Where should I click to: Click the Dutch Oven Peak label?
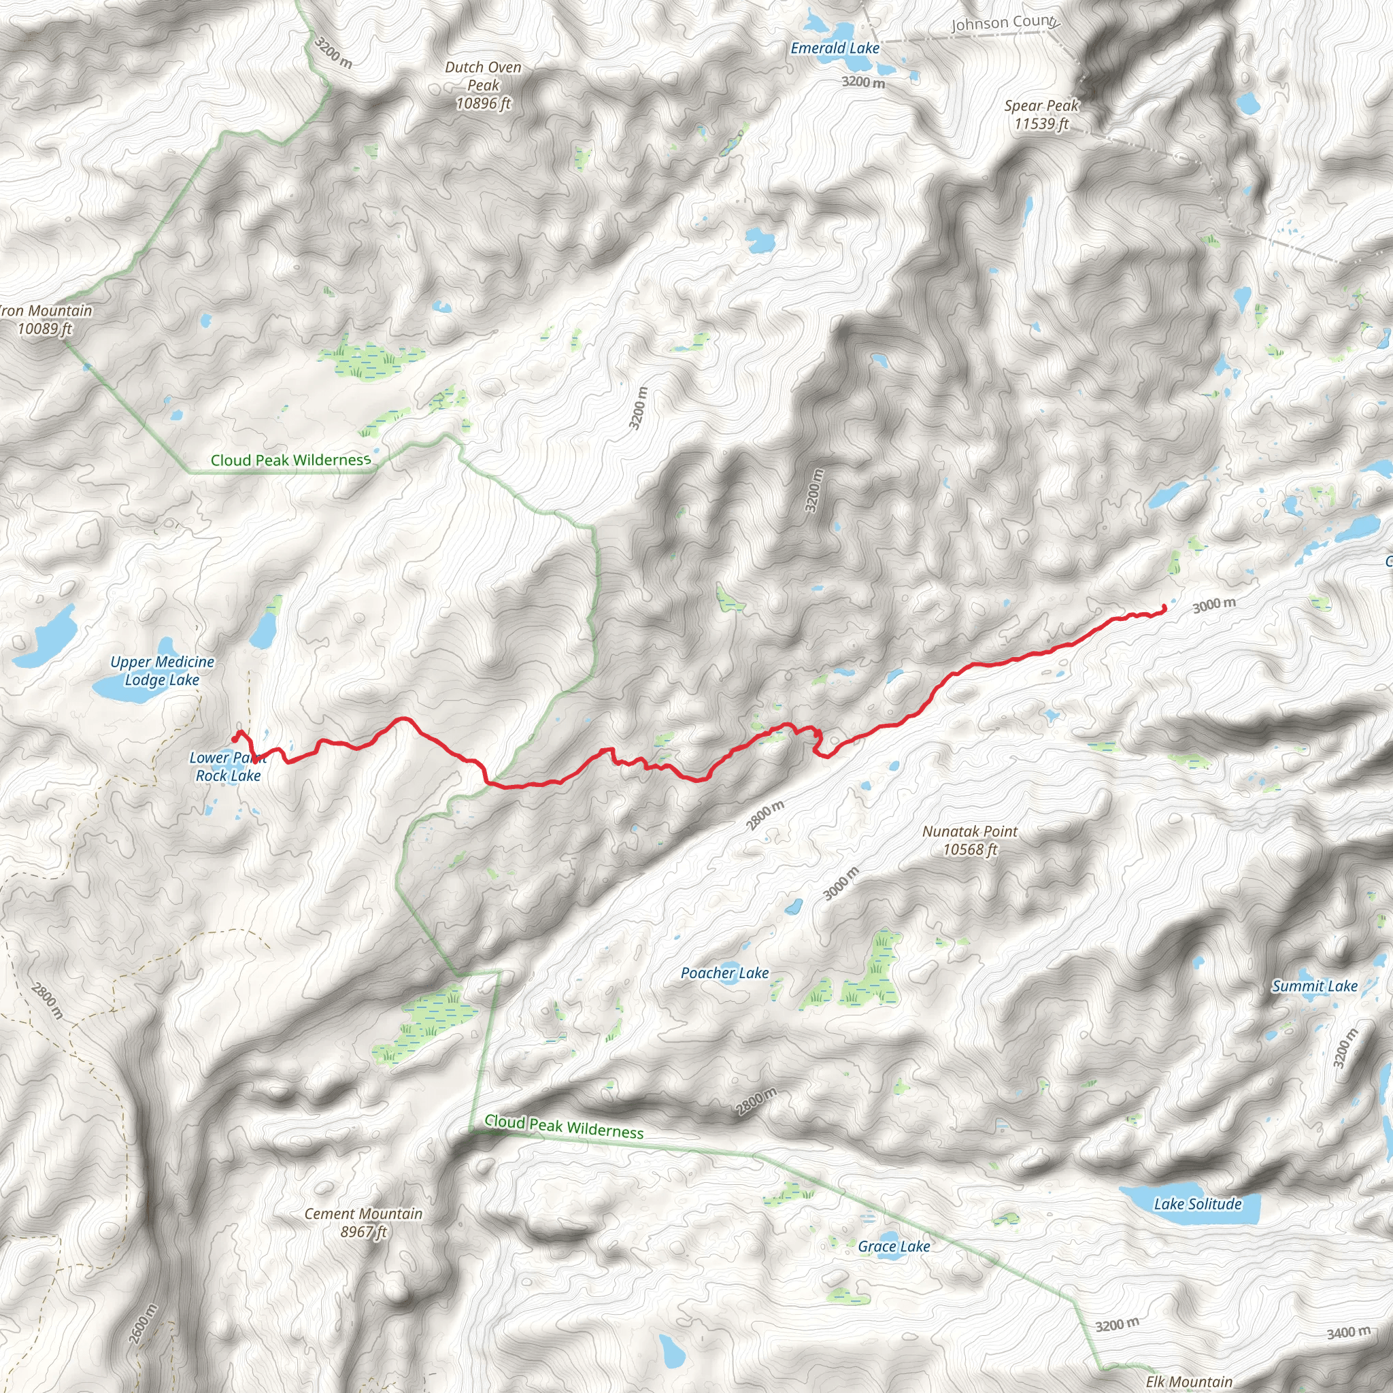pyautogui.click(x=483, y=86)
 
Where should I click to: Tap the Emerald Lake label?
pyautogui.click(x=835, y=48)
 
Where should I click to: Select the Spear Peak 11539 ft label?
pyautogui.click(x=1041, y=115)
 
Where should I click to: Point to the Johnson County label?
pyautogui.click(x=1005, y=23)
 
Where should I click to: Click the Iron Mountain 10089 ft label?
pyautogui.click(x=46, y=320)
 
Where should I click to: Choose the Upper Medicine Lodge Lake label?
pyautogui.click(x=163, y=671)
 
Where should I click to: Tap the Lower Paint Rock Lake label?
pyautogui.click(x=228, y=767)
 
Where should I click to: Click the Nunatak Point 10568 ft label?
pyautogui.click(x=970, y=840)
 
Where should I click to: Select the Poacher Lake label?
pyautogui.click(x=724, y=973)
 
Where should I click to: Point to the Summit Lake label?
pyautogui.click(x=1314, y=986)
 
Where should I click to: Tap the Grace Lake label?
pyautogui.click(x=893, y=1246)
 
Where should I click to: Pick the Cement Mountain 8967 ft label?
pyautogui.click(x=363, y=1222)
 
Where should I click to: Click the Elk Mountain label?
pyautogui.click(x=1189, y=1381)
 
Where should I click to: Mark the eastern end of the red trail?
pyautogui.click(x=1164, y=606)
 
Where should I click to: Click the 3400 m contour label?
pyautogui.click(x=1348, y=1332)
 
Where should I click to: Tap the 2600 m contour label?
pyautogui.click(x=142, y=1324)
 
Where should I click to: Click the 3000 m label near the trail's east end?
pyautogui.click(x=1214, y=605)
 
